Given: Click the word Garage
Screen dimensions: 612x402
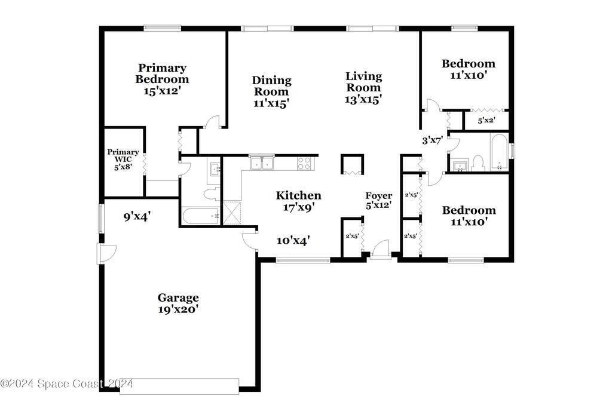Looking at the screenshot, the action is (x=178, y=298).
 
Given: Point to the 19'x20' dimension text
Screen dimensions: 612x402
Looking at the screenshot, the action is (x=179, y=309).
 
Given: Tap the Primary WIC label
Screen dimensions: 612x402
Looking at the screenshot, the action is (x=123, y=155).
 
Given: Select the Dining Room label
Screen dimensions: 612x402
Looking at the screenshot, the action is (x=272, y=86).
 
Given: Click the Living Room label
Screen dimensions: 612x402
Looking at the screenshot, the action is (x=364, y=81).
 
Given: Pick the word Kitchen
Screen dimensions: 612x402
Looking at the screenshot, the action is (x=299, y=195).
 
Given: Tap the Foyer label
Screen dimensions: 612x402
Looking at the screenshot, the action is (x=378, y=195).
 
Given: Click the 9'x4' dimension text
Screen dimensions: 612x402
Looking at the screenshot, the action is (x=137, y=216).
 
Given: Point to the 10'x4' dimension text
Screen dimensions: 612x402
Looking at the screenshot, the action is (x=293, y=241).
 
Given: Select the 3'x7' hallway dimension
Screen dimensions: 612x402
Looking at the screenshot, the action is (x=432, y=140).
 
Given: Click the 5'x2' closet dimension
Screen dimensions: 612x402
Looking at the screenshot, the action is (x=486, y=121).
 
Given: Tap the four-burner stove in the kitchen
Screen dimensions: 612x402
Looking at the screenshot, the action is (x=304, y=163).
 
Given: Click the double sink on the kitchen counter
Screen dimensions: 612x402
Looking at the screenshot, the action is (x=262, y=162).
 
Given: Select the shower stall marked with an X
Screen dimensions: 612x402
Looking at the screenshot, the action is (x=232, y=213).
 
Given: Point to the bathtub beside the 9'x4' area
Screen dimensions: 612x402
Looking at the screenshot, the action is (x=200, y=216).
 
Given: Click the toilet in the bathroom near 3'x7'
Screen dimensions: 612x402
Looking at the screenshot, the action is (x=478, y=163).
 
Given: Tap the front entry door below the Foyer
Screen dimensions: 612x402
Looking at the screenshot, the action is (x=380, y=250).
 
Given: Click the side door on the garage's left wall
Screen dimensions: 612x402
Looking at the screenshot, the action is (x=108, y=253).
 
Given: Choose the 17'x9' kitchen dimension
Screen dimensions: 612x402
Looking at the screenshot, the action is (x=299, y=207).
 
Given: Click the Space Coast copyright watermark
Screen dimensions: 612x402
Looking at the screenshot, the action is (x=66, y=383).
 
